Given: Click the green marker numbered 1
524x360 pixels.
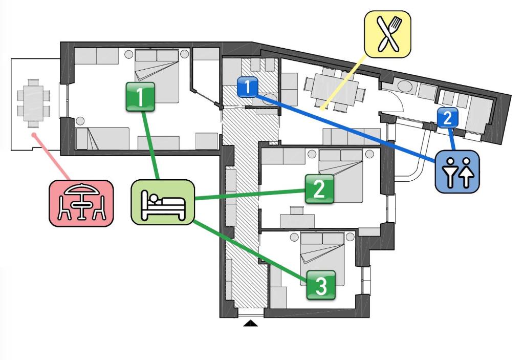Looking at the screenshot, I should click(x=140, y=97).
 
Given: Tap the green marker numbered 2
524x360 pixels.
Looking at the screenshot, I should click(x=319, y=189).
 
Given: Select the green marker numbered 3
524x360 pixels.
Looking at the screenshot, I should click(x=321, y=285).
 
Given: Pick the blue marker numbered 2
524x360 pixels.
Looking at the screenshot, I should click(x=447, y=118).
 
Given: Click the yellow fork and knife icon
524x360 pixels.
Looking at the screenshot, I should click(x=387, y=34).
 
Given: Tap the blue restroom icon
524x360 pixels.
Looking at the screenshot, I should click(x=457, y=172).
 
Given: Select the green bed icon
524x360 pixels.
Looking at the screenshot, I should click(x=163, y=202).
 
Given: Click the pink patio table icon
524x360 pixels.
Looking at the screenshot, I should click(x=81, y=203).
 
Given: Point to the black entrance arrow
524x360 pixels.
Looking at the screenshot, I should click(x=250, y=323).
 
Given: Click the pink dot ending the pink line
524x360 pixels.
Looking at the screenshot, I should click(x=34, y=136).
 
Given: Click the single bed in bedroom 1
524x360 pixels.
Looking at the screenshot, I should click(x=102, y=138).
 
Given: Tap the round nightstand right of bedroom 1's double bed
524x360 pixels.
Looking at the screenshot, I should click(x=185, y=53).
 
